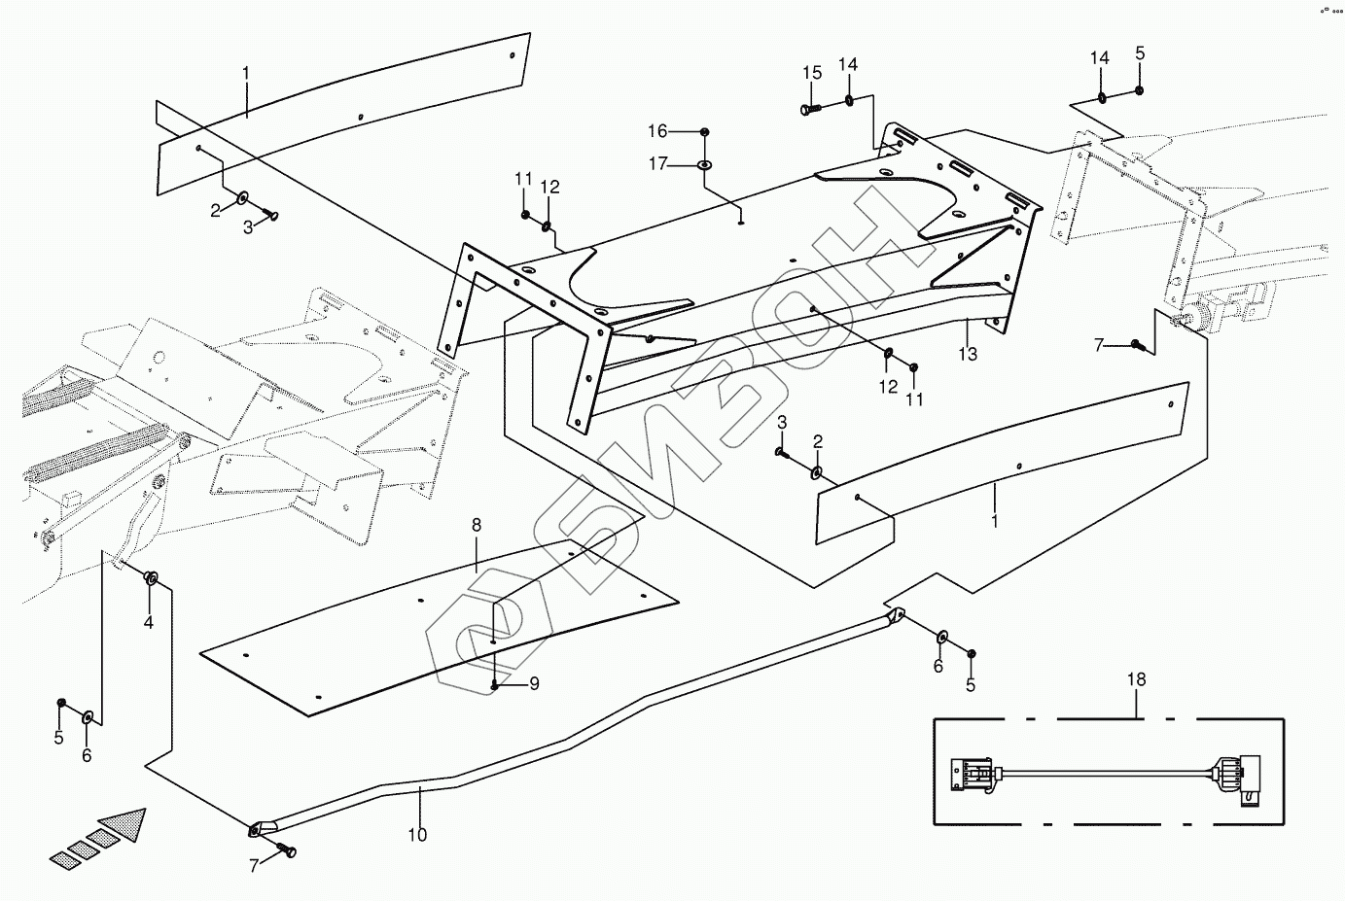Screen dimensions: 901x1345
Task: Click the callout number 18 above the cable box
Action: pos(1137,679)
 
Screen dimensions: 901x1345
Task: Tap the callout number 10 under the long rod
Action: pos(417,834)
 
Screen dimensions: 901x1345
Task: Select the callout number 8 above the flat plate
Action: pos(476,526)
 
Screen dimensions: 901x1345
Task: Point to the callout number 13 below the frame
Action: pos(967,355)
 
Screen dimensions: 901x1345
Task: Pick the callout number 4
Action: pos(149,621)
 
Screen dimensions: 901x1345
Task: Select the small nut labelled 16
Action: pos(705,131)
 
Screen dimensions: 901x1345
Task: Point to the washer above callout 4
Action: pos(151,579)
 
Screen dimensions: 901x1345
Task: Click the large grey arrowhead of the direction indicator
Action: pos(124,826)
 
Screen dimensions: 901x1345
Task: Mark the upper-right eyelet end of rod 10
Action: pos(896,616)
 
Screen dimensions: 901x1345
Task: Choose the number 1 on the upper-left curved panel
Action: pos(246,72)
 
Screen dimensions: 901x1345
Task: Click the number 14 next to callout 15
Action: pos(848,64)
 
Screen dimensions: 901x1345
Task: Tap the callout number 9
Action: pos(534,684)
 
